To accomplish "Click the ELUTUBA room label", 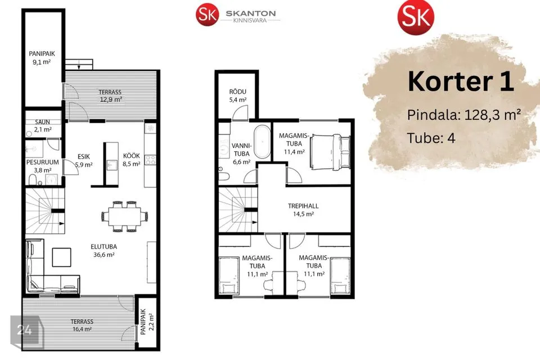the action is (x=103, y=247).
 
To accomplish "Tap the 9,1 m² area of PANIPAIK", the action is (x=42, y=62).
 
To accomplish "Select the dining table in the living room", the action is (x=125, y=217).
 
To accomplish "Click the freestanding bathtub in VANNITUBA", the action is (x=263, y=142).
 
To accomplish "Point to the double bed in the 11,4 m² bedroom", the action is (x=330, y=152).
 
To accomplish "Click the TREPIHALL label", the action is (x=303, y=206).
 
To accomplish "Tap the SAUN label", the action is (x=42, y=122).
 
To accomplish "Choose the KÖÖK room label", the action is (x=132, y=156).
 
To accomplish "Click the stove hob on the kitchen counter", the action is (x=150, y=160).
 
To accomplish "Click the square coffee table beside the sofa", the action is (x=62, y=257).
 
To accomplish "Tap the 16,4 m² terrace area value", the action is (x=82, y=329).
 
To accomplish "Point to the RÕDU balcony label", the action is (x=237, y=92).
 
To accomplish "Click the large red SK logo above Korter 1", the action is (x=416, y=17).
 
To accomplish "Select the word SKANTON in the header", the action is (x=251, y=13).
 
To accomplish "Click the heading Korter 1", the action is (x=461, y=82).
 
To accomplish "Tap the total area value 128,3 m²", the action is (x=493, y=115).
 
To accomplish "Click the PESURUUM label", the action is (x=43, y=162).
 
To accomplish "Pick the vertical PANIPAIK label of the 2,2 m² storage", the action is (x=143, y=321).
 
